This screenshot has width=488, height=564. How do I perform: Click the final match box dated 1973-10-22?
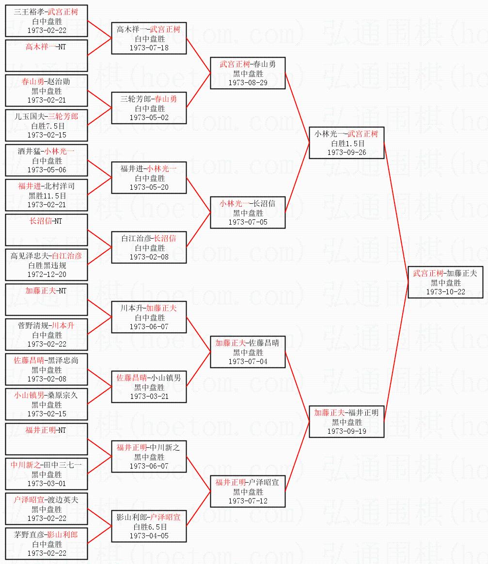point(448,282)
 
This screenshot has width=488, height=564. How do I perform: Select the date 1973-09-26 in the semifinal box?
point(346,152)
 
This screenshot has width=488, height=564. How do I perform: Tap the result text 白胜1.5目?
point(346,143)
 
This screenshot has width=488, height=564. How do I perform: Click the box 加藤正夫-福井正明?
point(346,422)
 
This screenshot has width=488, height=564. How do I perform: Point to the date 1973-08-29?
point(248,82)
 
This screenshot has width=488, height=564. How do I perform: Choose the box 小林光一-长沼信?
point(248,213)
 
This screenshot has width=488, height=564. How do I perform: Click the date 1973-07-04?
point(248,361)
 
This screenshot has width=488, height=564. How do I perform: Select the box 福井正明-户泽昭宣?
point(248,491)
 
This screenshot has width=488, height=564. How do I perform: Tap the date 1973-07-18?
point(149,47)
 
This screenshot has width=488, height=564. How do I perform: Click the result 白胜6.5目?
point(149,527)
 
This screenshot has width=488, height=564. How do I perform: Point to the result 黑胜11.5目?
point(47,196)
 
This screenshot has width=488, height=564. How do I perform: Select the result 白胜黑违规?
point(47,265)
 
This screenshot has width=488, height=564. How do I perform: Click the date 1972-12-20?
point(47,274)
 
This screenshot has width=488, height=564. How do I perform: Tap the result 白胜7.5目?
point(47,126)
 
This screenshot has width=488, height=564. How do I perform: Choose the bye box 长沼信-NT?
point(47,230)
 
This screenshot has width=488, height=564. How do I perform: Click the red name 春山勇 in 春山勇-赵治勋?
point(32,81)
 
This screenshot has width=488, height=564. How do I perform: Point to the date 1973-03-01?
point(47,483)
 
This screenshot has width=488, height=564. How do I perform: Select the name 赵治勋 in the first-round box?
point(59,81)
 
